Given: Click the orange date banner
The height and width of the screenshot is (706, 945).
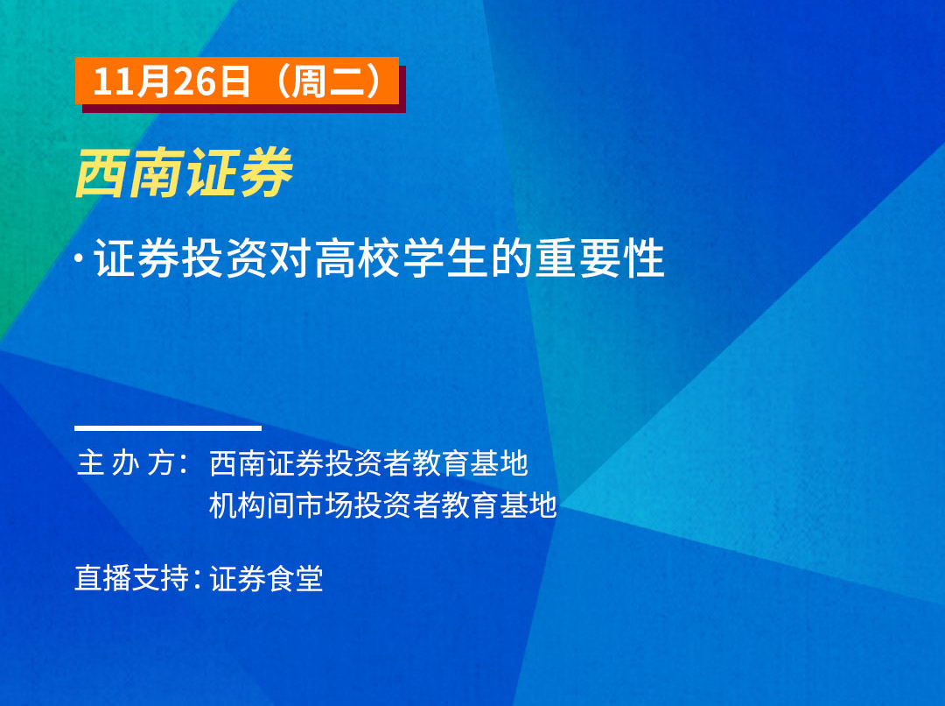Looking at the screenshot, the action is (237, 81).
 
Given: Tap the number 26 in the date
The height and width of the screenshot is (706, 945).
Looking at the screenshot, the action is (194, 81).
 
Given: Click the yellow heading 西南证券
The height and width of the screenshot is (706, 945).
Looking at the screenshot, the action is (184, 173).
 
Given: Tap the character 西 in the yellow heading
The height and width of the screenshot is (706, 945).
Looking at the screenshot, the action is (101, 173).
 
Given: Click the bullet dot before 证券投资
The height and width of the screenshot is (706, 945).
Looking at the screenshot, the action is (79, 258).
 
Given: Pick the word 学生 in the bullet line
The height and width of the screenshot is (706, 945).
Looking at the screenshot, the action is (445, 258).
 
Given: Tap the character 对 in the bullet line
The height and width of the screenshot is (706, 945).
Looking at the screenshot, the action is (291, 258).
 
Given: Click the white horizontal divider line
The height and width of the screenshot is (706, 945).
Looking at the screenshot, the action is (168, 428).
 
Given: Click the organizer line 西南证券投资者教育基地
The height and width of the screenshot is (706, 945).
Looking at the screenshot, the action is (369, 463).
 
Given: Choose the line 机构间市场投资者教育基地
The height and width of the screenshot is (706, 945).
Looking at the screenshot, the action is (383, 505).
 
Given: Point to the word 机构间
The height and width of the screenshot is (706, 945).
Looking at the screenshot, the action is (253, 505).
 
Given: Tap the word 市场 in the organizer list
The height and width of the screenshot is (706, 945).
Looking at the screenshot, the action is (325, 505).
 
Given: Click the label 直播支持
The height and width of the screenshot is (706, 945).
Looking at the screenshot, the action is (132, 578).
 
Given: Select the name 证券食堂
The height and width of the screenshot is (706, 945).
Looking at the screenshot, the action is (266, 579).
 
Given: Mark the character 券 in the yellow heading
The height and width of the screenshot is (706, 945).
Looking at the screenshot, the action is (266, 173).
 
